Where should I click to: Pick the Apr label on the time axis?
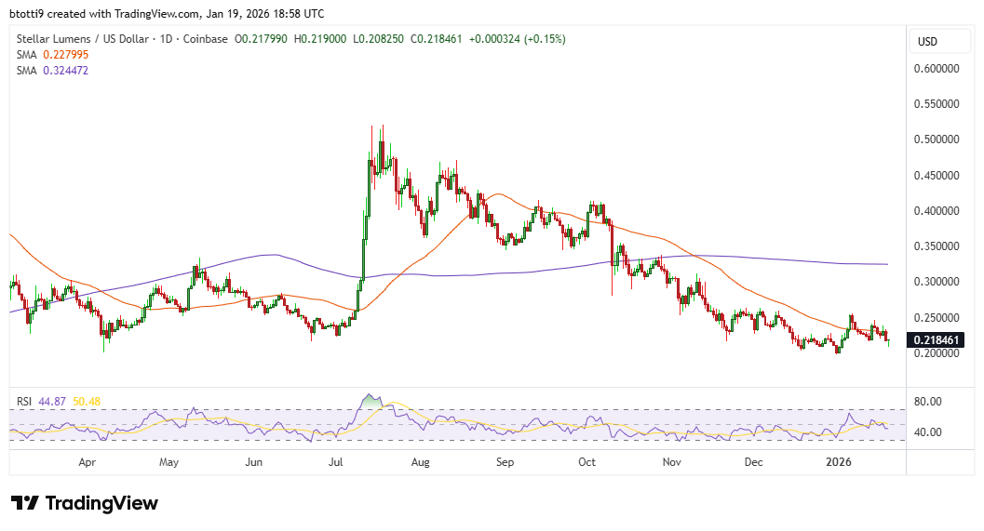tap(88, 461)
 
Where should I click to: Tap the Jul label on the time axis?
tap(337, 461)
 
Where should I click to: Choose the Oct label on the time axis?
tap(587, 461)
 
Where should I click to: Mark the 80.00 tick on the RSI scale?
tap(930, 402)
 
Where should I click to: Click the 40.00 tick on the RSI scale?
tap(930, 432)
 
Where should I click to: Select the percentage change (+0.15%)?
tap(546, 39)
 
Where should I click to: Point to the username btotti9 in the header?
tap(29, 14)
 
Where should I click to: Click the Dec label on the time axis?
tap(754, 461)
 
